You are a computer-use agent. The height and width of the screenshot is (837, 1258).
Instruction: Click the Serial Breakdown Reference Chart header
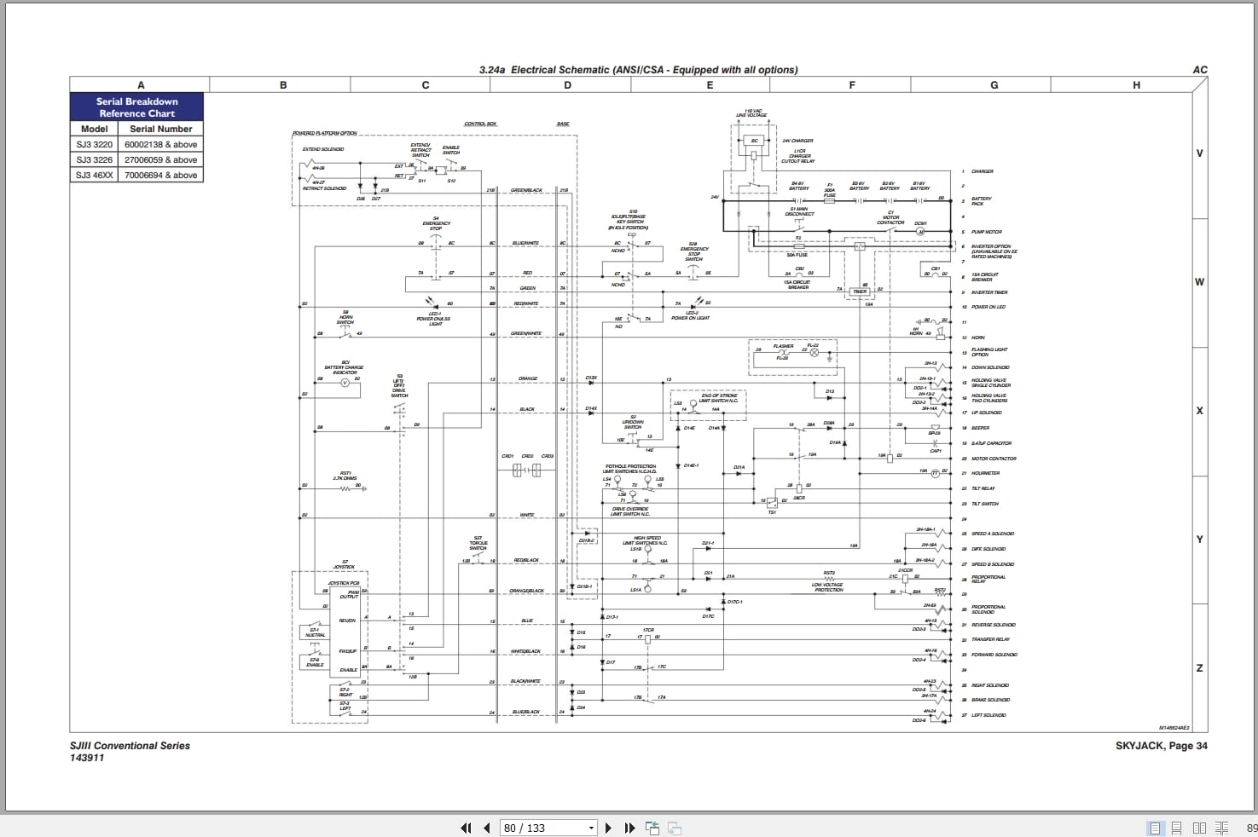[136, 107]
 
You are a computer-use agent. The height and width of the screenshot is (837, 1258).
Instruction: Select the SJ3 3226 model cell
[94, 160]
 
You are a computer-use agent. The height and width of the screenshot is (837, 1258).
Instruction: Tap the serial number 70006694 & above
[160, 176]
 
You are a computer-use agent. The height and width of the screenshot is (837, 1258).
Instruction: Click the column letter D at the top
[568, 85]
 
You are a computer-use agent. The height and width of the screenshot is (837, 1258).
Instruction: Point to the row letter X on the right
[1199, 411]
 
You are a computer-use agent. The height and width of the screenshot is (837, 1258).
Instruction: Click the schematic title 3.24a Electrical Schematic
[638, 70]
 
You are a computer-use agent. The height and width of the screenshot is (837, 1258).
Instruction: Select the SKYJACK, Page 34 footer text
[1161, 746]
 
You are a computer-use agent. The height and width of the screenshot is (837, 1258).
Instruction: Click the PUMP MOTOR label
[987, 232]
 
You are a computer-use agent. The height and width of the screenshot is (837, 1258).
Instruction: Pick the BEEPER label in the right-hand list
[981, 428]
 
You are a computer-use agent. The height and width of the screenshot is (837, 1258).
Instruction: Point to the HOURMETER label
[985, 473]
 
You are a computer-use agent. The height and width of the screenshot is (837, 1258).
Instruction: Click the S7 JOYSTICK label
[345, 564]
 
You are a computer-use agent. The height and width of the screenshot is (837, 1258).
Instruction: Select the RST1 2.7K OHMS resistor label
[345, 476]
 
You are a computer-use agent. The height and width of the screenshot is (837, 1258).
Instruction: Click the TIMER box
[860, 292]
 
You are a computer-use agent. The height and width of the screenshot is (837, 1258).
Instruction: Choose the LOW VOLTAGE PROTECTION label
[827, 587]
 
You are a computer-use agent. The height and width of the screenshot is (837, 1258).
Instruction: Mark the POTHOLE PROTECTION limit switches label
[630, 469]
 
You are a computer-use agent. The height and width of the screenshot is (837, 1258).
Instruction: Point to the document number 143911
[87, 758]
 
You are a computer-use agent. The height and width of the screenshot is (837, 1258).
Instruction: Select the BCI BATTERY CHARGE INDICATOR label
[345, 367]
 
